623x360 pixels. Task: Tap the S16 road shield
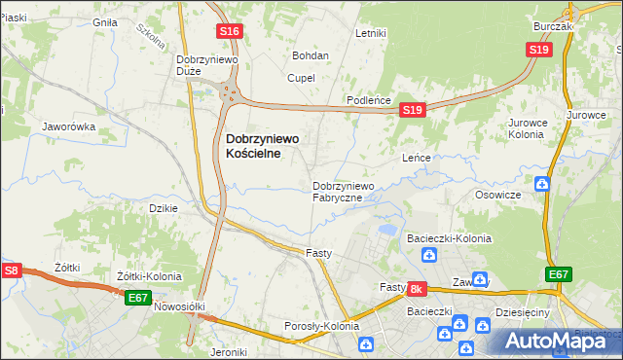point(229,32)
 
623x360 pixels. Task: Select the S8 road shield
point(11,270)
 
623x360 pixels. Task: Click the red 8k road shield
point(417,289)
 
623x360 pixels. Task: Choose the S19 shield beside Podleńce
point(412,112)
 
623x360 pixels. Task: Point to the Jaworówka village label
point(68,127)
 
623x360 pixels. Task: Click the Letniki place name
point(371,33)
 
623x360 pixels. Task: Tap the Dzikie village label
point(161,208)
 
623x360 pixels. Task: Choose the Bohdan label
point(311,56)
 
